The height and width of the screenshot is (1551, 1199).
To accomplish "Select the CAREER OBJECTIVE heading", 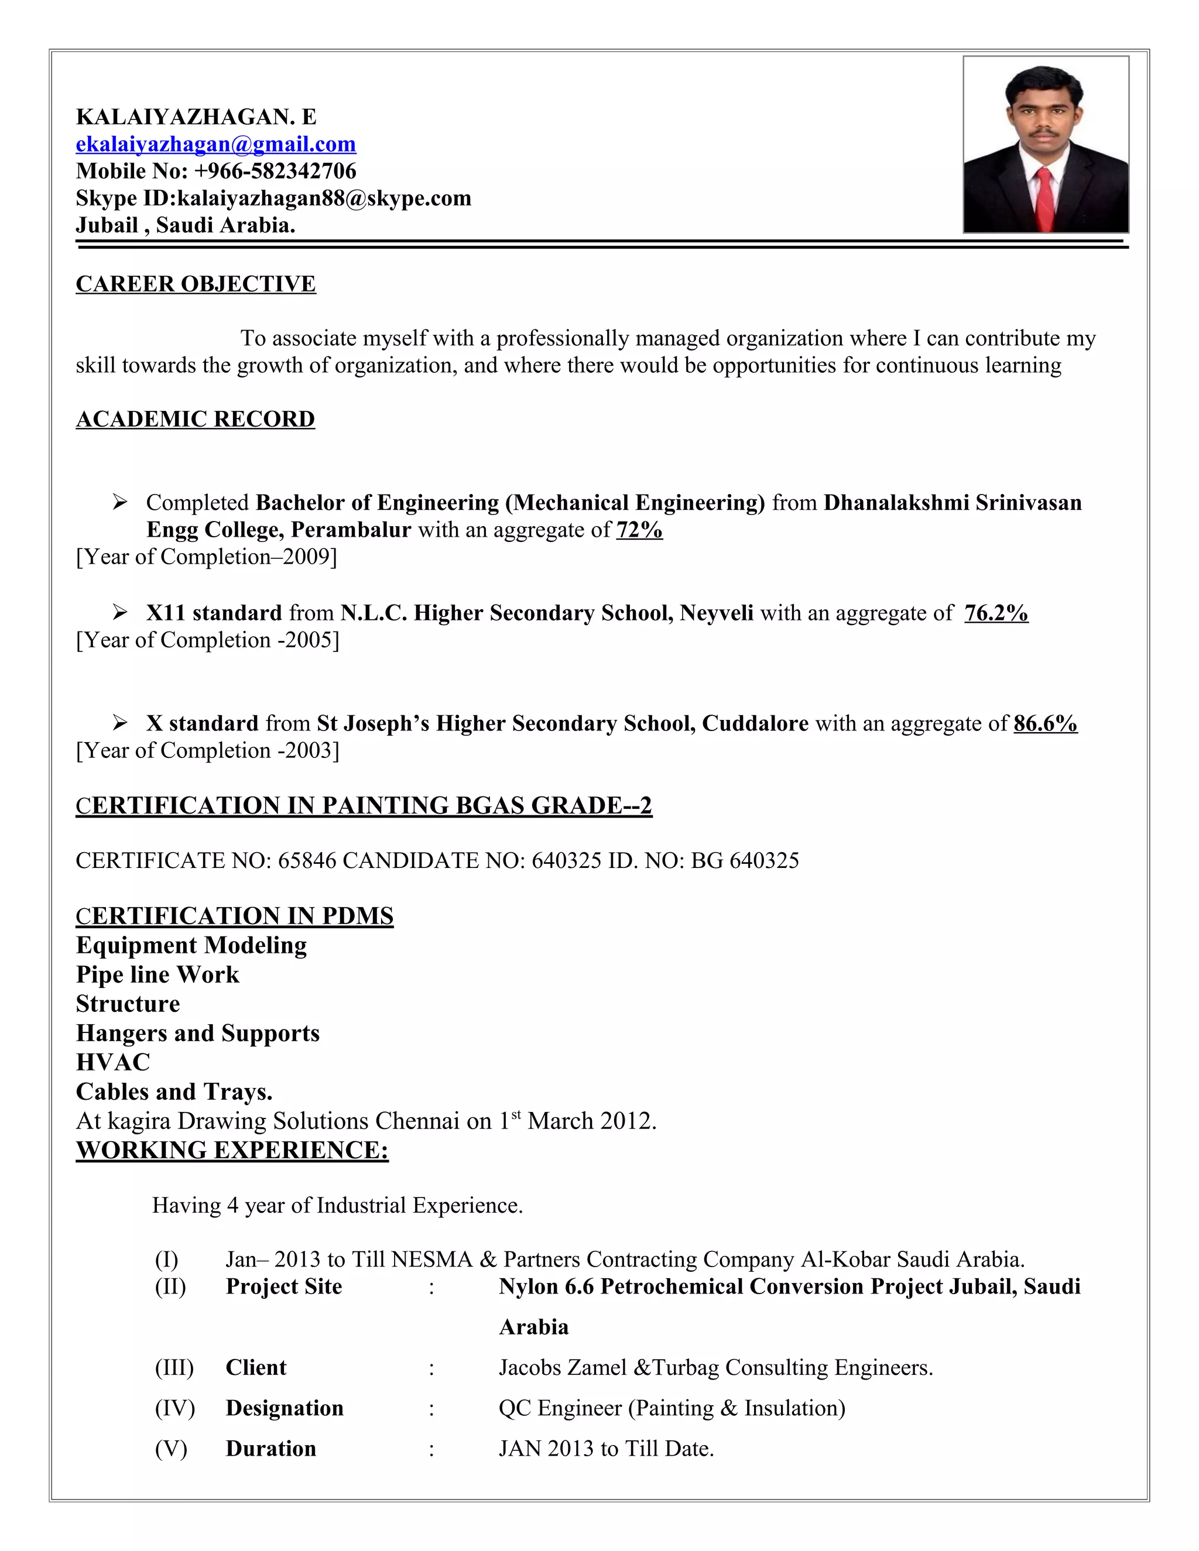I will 196,284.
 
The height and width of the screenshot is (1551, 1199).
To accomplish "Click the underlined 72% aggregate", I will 639,530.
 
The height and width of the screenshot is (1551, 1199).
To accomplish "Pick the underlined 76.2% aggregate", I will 996,613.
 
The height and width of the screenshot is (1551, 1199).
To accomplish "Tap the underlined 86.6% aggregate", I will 1046,723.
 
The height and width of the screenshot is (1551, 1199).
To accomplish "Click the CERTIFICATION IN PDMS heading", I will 234,916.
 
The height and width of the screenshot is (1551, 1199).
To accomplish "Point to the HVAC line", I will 113,1062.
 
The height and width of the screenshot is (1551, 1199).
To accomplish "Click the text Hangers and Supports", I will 197,1033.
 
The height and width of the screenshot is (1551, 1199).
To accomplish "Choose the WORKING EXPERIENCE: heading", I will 232,1149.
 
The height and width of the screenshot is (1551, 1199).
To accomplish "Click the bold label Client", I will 256,1368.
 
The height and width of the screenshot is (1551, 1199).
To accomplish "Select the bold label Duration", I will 270,1449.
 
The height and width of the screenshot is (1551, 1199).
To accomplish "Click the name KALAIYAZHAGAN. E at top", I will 196,117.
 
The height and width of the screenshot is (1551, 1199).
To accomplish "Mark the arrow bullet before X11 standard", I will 120,612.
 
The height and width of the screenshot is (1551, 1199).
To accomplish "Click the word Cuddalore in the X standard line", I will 755,723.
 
